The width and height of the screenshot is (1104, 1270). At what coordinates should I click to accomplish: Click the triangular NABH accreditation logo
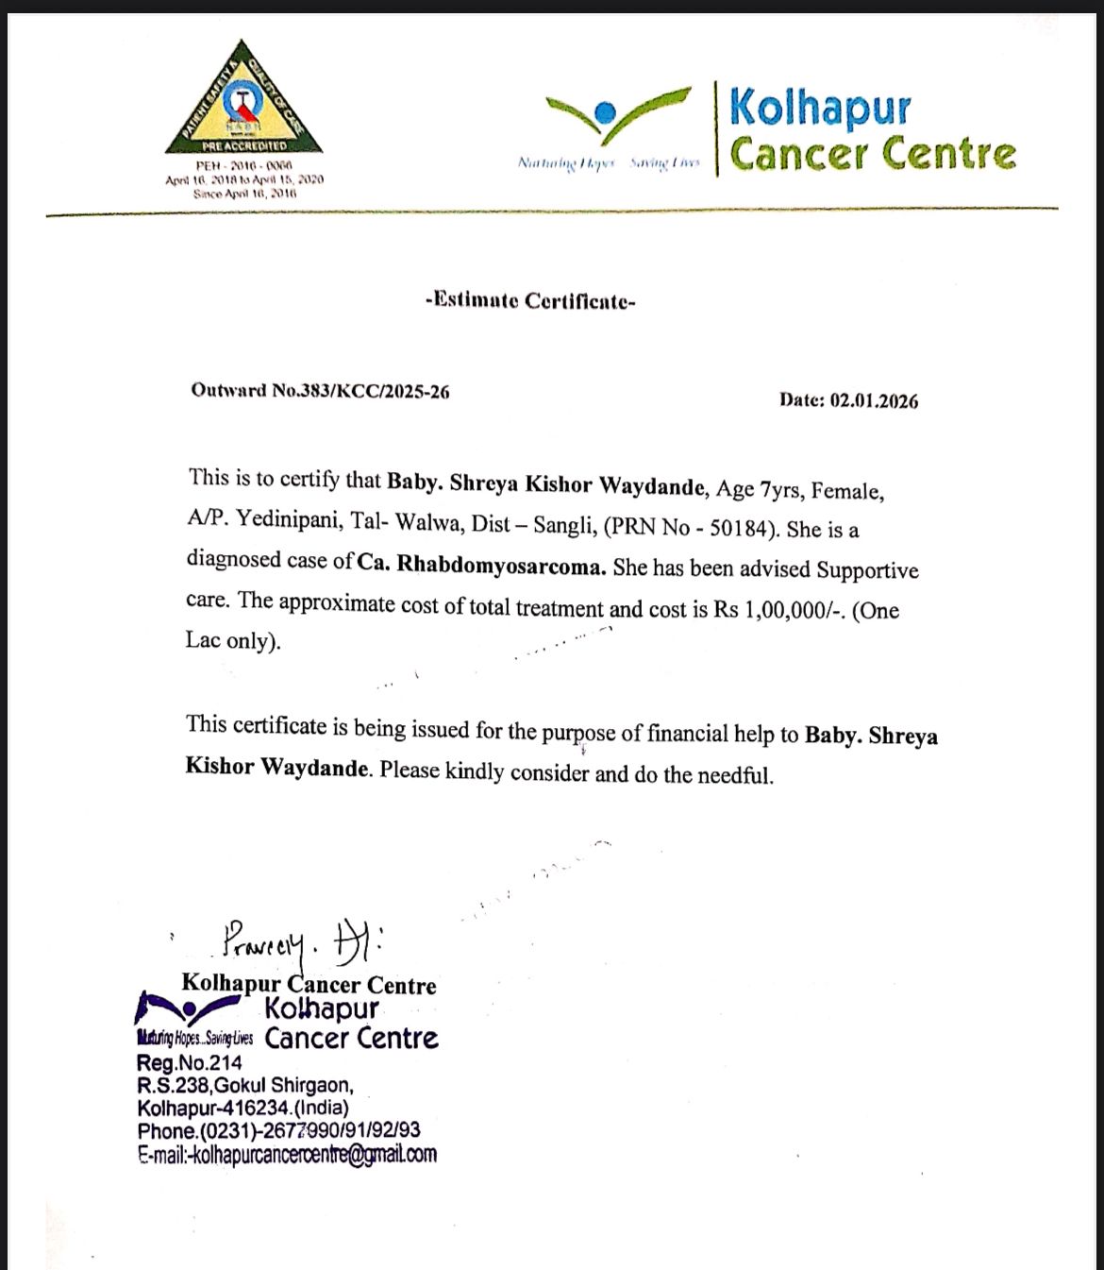click(x=243, y=99)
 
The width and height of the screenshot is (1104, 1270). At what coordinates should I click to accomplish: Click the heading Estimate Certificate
click(x=530, y=301)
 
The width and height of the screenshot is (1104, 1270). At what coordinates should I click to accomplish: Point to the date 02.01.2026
click(x=874, y=401)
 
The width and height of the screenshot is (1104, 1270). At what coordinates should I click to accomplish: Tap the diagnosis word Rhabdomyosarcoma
click(x=500, y=565)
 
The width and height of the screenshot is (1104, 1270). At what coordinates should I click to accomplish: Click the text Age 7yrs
click(x=759, y=489)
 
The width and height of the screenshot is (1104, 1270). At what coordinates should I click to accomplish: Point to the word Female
click(x=846, y=492)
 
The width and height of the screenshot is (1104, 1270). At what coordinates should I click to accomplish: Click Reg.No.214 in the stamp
click(x=190, y=1063)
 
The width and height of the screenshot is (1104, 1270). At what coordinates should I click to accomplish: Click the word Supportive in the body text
click(x=867, y=570)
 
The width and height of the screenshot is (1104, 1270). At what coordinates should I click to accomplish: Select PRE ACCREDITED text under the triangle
click(x=243, y=146)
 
